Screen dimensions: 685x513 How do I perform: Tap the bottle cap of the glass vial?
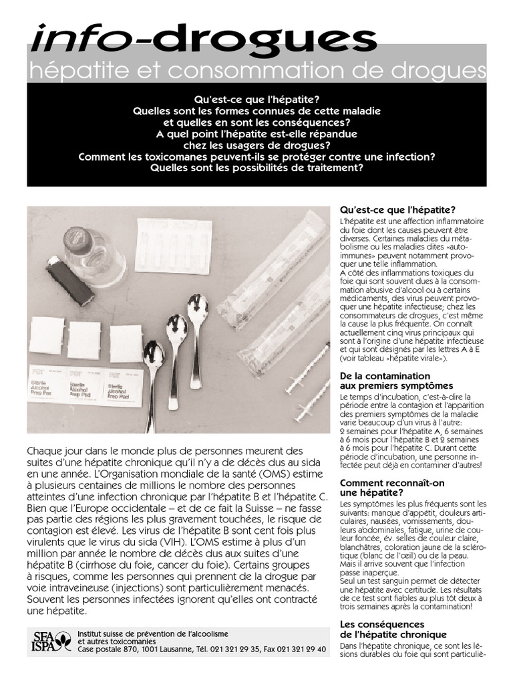(75, 239)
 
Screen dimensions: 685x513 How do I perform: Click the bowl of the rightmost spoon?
(197, 310)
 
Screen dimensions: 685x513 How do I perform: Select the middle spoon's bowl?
(176, 330)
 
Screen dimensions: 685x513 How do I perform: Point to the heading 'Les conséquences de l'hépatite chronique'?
(393, 629)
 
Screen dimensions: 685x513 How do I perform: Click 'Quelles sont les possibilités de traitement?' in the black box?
(256, 168)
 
